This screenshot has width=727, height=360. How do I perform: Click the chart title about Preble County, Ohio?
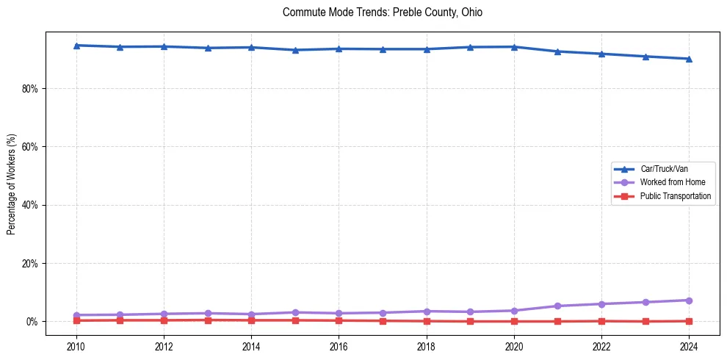382,12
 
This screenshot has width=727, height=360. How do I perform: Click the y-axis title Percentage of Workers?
11,184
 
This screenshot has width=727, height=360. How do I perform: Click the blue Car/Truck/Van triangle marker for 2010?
76,46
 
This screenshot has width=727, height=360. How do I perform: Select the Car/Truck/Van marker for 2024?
689,59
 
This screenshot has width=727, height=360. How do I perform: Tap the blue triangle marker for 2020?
514,47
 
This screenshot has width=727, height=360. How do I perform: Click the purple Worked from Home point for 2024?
689,300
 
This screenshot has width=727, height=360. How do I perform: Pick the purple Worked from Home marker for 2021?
557,306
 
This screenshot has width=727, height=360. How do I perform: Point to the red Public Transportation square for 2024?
689,321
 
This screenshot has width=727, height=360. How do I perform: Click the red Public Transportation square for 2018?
427,321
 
